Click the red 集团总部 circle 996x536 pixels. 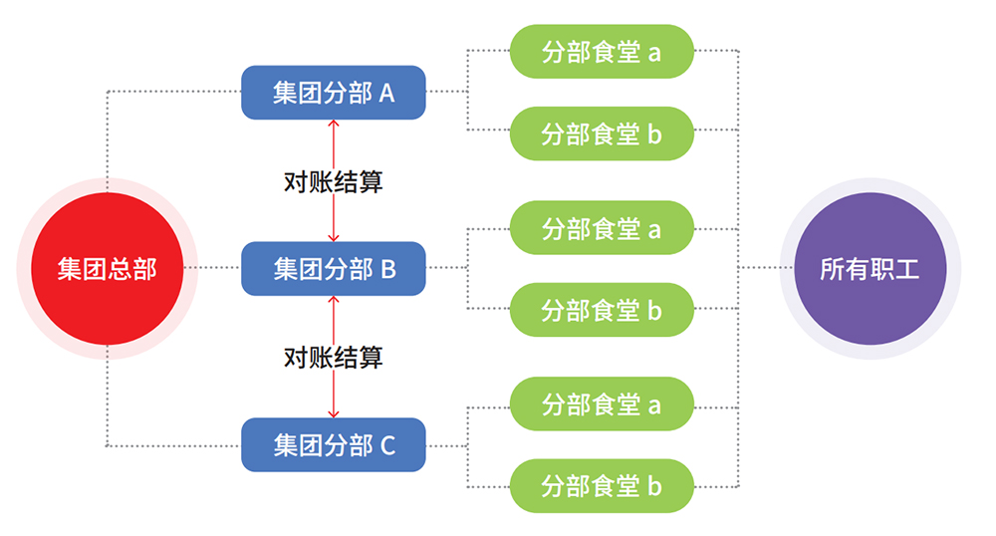pos(107,269)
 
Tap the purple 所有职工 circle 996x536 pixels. pos(870,269)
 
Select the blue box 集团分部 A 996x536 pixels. pos(334,93)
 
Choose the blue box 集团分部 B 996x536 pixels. pos(334,268)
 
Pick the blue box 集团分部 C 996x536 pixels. pos(334,445)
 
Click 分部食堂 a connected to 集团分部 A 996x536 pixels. pos(602,52)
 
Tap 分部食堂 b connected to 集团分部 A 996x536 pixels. pos(602,134)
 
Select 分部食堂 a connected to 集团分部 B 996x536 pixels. pos(602,228)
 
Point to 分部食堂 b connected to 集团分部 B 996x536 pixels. pos(602,310)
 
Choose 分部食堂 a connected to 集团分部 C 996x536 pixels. pos(602,404)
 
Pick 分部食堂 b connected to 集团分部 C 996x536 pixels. pos(602,486)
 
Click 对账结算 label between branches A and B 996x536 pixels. pos(334,181)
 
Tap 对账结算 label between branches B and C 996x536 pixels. pos(334,357)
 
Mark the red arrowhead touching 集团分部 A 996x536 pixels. pos(334,125)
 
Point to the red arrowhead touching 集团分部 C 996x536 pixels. pos(334,413)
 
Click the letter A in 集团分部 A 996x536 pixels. pos(385,94)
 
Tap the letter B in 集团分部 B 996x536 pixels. pos(387,269)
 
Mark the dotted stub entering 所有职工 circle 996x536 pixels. pos(767,268)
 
